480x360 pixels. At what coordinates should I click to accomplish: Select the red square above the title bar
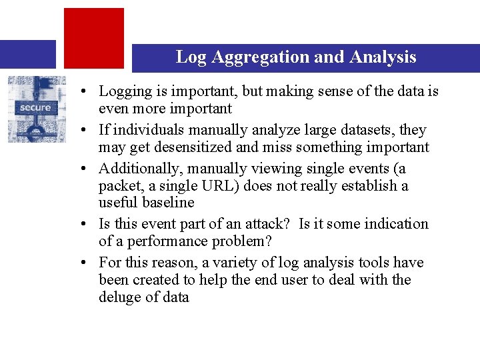[x=94, y=37]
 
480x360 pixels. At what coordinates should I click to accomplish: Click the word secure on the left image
[x=35, y=107]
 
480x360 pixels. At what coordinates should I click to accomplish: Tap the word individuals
[x=145, y=130]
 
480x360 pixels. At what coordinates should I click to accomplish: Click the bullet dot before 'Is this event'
[x=87, y=225]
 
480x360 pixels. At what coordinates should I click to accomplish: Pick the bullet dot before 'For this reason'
[x=87, y=263]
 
